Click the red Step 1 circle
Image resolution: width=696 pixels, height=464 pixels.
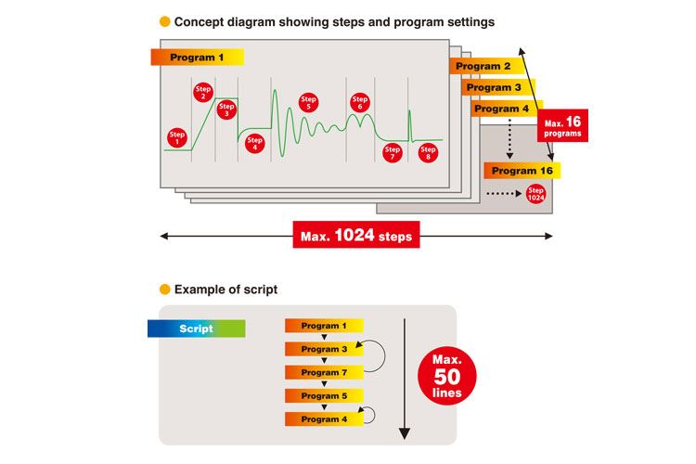tap(176, 138)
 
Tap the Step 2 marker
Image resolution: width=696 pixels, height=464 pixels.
tap(203, 93)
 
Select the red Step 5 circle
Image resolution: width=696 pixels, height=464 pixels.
tap(308, 103)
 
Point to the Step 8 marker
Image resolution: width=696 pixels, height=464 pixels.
tap(428, 153)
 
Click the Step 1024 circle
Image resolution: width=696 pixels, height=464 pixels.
tap(535, 194)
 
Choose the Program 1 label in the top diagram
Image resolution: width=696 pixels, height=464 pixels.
tap(197, 58)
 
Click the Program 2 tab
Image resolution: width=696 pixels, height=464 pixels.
tap(487, 66)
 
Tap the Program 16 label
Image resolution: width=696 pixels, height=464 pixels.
tap(522, 171)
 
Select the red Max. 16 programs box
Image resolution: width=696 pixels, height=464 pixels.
tap(562, 125)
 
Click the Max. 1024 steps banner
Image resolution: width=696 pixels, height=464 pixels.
tap(356, 235)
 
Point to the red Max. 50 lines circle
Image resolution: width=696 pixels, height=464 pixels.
tap(447, 376)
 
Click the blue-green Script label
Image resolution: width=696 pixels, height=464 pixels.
tap(196, 329)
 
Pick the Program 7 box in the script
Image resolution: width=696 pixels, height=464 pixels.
tap(324, 372)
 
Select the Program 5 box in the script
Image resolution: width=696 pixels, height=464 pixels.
tap(324, 395)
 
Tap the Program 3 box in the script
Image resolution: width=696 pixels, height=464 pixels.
tap(324, 349)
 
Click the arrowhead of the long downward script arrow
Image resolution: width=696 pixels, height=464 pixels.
tap(405, 433)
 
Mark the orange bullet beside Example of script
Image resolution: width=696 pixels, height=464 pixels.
tap(164, 290)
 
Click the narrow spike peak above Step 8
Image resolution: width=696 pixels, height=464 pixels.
tap(409, 111)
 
